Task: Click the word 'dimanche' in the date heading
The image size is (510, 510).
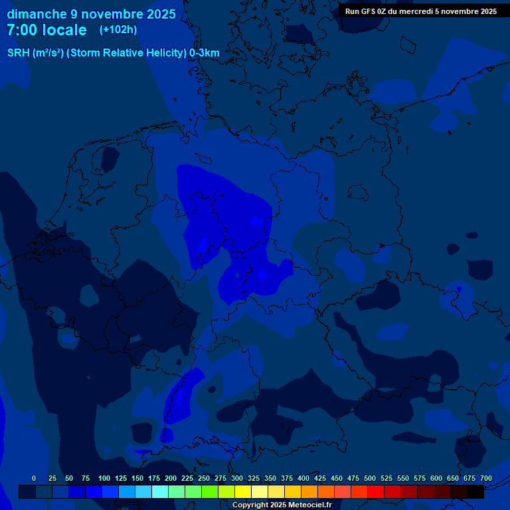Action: pos(37,14)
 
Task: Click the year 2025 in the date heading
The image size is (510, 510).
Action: pos(159,14)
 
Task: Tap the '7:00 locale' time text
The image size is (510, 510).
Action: pos(46,31)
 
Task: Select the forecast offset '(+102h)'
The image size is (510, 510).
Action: pos(118,30)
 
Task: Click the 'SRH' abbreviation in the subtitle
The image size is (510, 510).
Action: pos(19,53)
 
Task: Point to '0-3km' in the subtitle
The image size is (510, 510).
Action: pos(205,53)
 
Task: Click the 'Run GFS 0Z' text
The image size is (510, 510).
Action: pos(367,11)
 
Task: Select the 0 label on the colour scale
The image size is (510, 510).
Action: pos(34,478)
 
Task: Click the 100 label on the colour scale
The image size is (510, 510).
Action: pos(104,478)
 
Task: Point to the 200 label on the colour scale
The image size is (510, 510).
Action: pos(171,478)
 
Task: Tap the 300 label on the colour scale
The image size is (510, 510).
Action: pos(237,478)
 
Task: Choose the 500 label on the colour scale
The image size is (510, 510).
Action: pos(370,478)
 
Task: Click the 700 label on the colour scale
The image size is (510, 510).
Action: pos(486,478)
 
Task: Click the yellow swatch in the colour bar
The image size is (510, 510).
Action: pos(243,492)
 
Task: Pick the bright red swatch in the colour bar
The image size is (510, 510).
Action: pos(376,492)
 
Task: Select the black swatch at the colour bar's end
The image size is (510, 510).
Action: pos(475,492)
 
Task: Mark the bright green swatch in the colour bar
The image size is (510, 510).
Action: pos(210,492)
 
